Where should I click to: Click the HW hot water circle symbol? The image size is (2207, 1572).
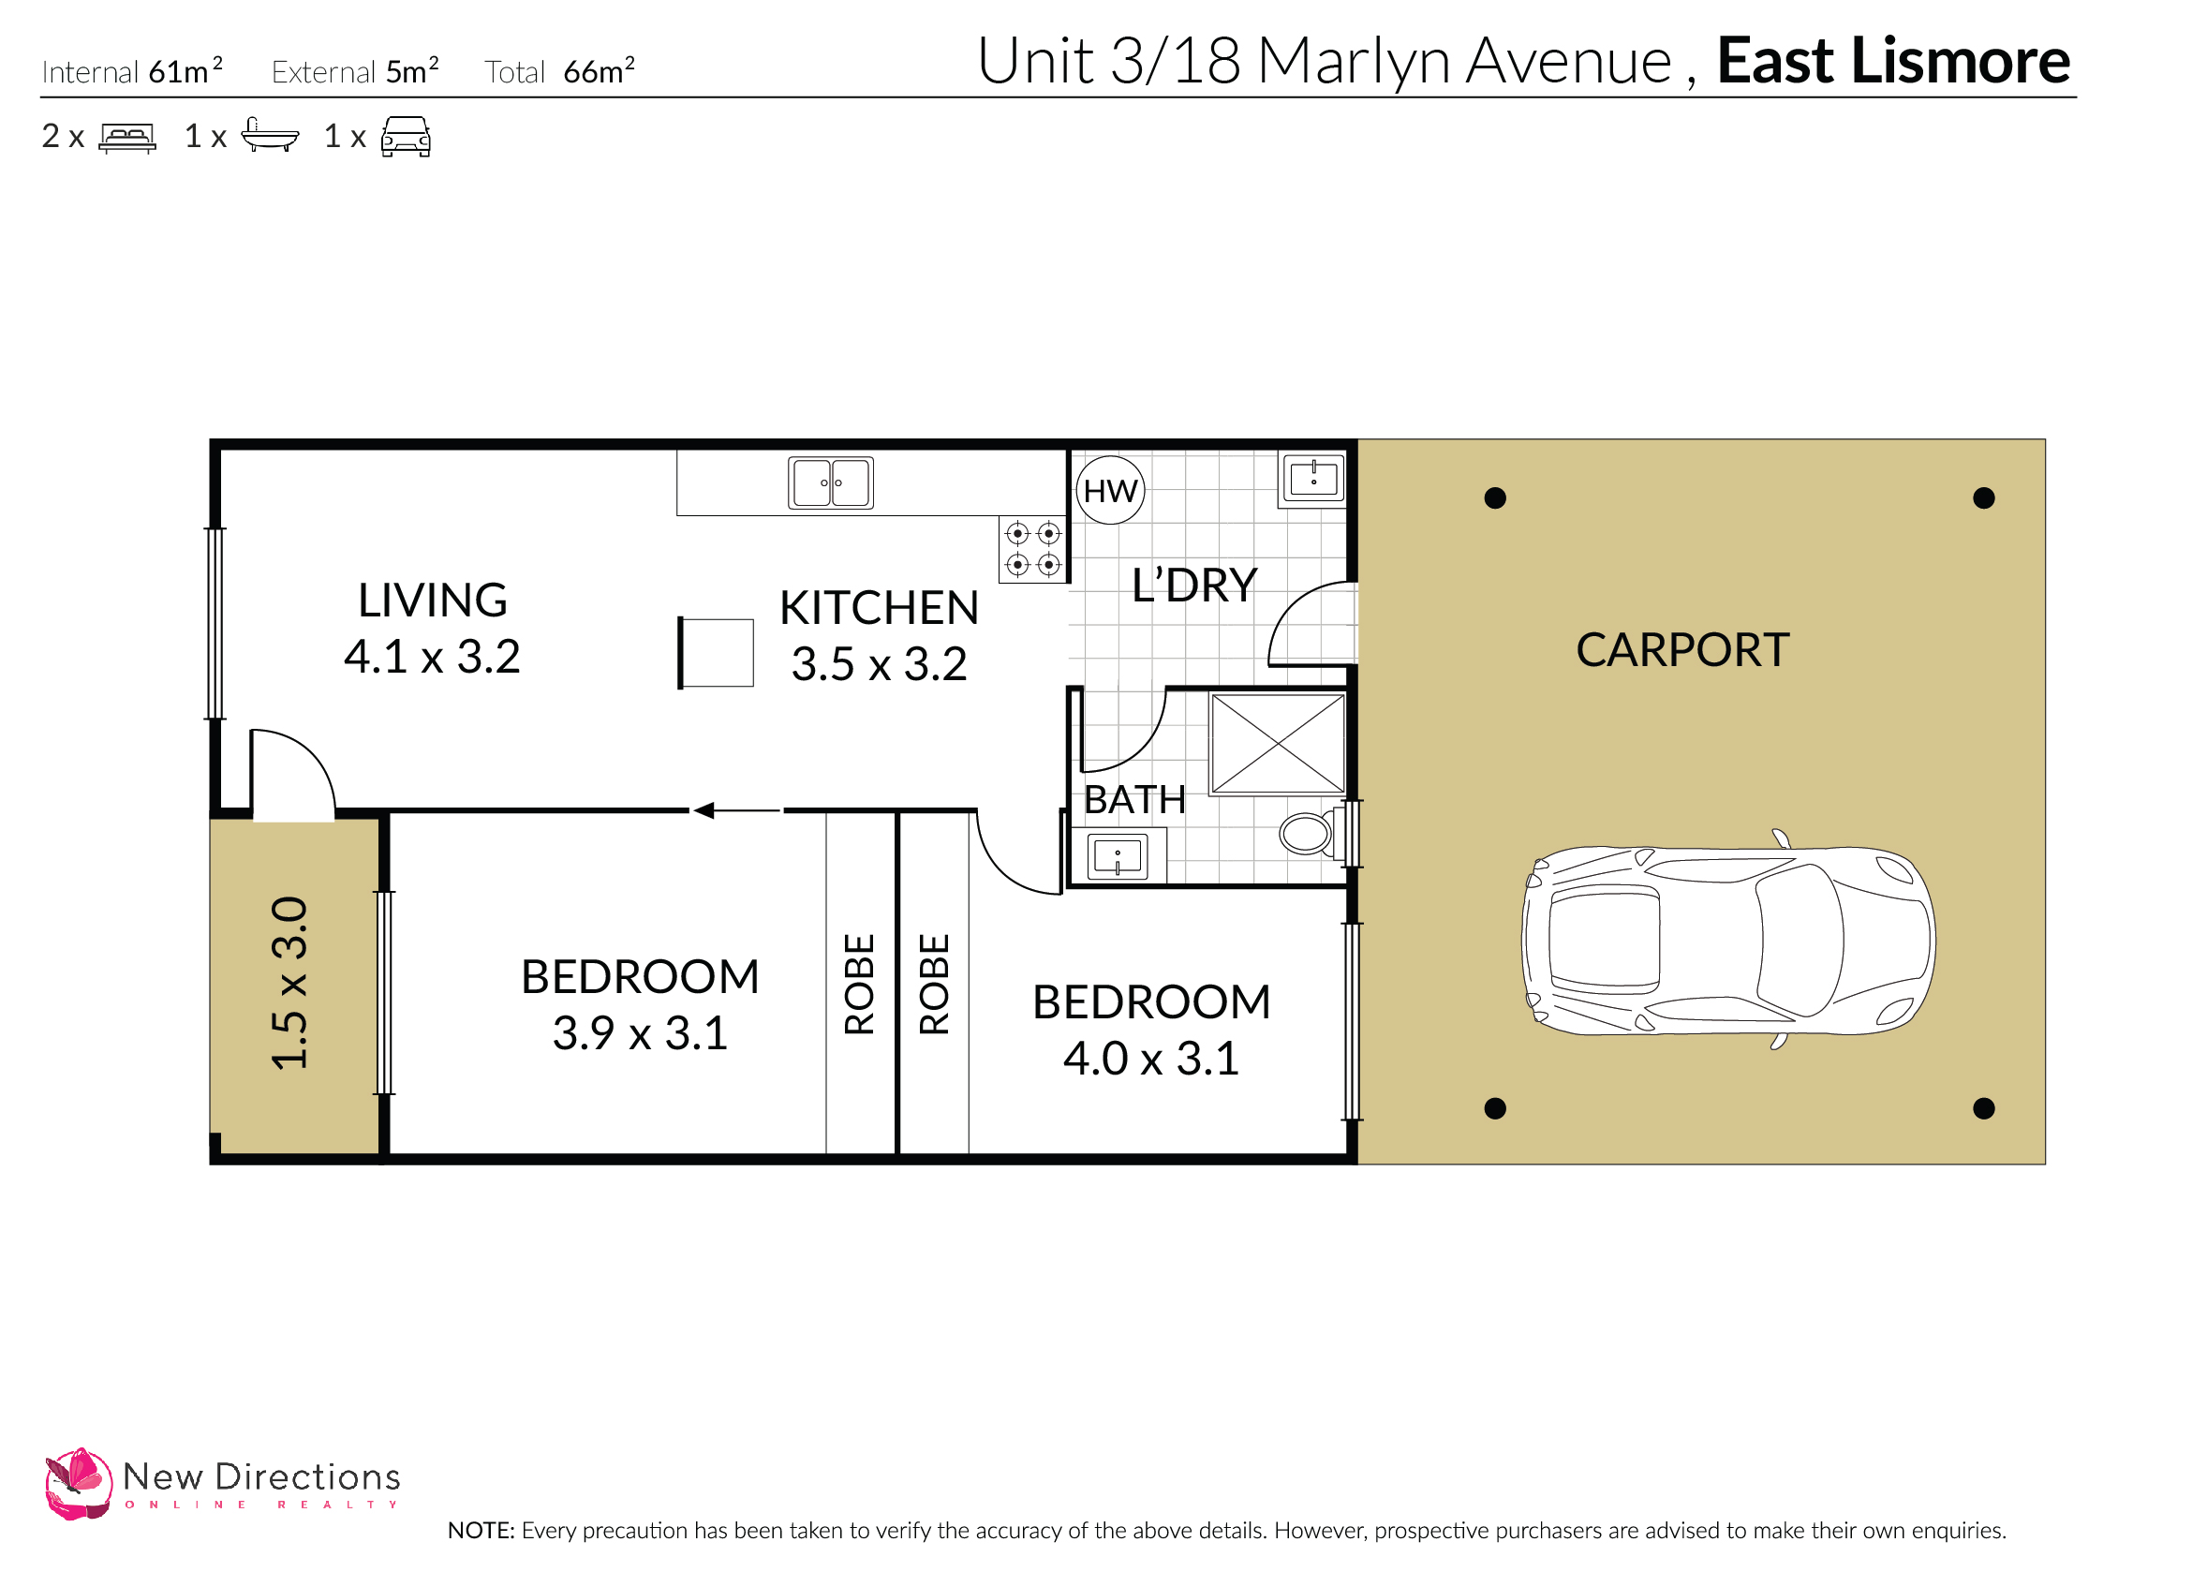click(1110, 491)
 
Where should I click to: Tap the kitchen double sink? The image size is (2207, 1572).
click(831, 482)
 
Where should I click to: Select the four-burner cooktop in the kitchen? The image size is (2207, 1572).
click(1033, 549)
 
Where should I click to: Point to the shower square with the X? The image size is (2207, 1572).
click(1278, 744)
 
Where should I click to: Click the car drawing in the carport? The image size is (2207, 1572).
click(1727, 941)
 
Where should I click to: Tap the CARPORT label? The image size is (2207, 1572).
click(1682, 649)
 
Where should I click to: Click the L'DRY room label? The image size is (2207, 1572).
click(1194, 586)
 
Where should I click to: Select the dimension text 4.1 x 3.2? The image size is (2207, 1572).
click(432, 658)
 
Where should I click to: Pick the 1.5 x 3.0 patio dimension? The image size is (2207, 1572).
click(289, 983)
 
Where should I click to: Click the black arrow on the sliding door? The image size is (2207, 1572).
click(704, 810)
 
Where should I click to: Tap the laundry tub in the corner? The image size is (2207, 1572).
click(1313, 478)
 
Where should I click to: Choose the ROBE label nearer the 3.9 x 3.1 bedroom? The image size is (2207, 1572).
click(860, 984)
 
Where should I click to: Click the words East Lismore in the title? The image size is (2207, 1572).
click(1892, 61)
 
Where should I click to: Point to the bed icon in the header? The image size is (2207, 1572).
click(126, 138)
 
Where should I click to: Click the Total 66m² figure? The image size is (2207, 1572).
click(559, 71)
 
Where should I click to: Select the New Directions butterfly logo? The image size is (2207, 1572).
click(78, 1483)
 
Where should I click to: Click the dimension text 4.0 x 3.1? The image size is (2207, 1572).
click(1151, 1059)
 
